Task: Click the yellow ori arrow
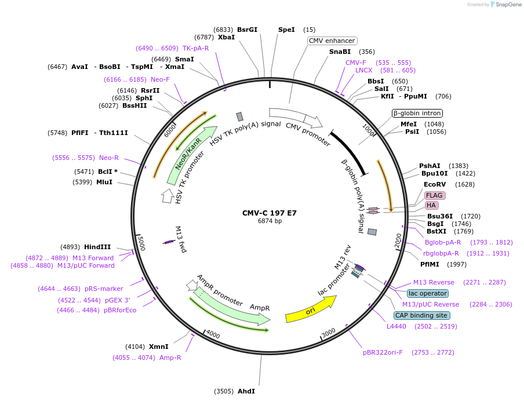(x=311, y=309)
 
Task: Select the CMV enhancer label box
(x=332, y=41)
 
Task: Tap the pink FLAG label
(x=434, y=195)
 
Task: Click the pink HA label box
(x=431, y=205)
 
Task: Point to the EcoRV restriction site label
(x=434, y=184)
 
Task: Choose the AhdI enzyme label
(x=246, y=391)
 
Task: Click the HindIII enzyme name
(x=97, y=247)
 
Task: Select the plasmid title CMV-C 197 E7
(x=270, y=213)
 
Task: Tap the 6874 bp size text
(x=270, y=221)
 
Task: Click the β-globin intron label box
(x=417, y=113)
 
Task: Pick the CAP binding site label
(x=421, y=315)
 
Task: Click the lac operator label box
(x=427, y=293)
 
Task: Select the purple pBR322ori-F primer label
(x=383, y=352)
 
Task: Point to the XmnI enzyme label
(x=158, y=347)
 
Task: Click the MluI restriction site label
(x=104, y=182)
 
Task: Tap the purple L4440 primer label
(x=398, y=326)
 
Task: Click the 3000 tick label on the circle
(x=329, y=332)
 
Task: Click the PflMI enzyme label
(x=432, y=264)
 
